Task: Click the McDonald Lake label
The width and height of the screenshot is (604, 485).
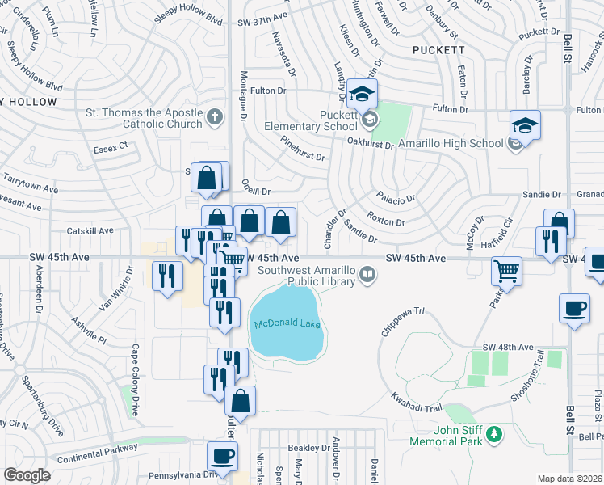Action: click(x=287, y=324)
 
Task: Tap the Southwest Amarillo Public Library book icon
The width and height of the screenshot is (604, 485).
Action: click(x=368, y=276)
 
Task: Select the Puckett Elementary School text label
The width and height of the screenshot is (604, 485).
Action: click(x=312, y=120)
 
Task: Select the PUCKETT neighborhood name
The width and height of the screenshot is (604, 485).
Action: click(x=434, y=49)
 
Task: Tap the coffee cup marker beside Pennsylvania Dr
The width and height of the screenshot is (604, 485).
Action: click(x=223, y=456)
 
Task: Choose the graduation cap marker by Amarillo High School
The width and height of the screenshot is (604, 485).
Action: click(x=525, y=126)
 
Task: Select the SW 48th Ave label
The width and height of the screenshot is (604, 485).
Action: click(x=508, y=347)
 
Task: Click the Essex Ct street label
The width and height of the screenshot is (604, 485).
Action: click(x=111, y=146)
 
